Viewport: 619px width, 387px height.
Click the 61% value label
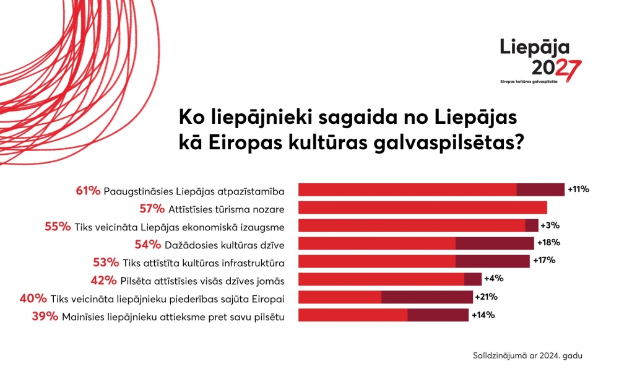point(88,190)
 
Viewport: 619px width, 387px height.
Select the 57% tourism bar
point(423,207)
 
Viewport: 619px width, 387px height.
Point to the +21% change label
point(487,297)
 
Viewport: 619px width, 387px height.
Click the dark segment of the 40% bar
point(427,297)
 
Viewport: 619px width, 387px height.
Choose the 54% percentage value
point(147,244)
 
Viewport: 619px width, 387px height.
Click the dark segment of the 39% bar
point(438,315)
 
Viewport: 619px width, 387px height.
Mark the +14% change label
point(483,315)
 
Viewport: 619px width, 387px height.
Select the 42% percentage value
point(103,280)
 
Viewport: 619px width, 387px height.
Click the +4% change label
point(493,279)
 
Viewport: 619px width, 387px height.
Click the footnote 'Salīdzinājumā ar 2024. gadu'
point(527,356)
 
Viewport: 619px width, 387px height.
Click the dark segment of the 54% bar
point(495,243)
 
